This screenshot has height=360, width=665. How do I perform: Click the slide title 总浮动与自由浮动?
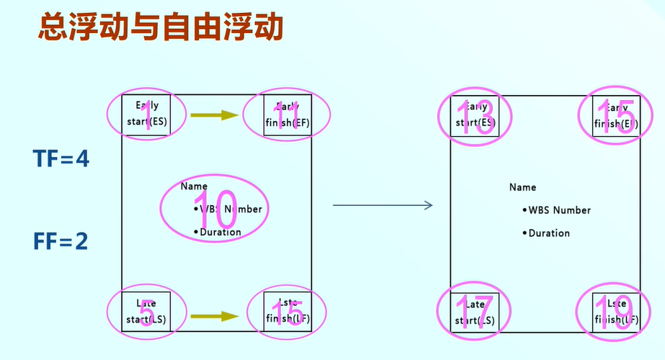point(160,28)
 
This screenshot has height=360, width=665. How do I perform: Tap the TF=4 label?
point(61,158)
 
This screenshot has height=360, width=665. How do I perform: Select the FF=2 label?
point(61,241)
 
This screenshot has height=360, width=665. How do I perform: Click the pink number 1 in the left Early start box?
point(148,114)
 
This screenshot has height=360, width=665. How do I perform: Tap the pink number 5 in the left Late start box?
point(146,312)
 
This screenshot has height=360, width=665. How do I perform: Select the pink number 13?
point(476,115)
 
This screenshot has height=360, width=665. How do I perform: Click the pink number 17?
point(473,312)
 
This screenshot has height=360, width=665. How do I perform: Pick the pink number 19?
point(615,313)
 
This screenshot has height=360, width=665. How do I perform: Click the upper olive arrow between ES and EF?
point(214,114)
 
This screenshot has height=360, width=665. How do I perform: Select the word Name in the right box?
point(522,187)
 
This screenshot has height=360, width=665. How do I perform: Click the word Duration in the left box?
point(220,232)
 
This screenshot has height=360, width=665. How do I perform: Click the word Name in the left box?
point(194,186)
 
